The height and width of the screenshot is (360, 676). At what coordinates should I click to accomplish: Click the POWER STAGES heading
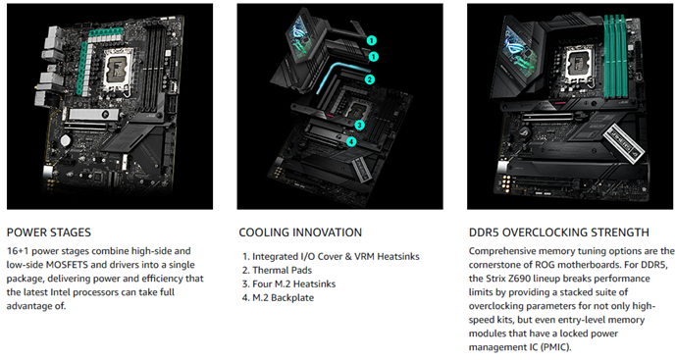(x=49, y=232)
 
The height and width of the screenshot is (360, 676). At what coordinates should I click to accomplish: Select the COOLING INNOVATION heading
(x=300, y=232)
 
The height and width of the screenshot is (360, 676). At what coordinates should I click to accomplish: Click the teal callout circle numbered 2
(x=369, y=79)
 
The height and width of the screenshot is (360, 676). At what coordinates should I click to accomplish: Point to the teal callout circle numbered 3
(x=359, y=126)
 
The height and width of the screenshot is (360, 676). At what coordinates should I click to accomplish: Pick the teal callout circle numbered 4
(x=351, y=141)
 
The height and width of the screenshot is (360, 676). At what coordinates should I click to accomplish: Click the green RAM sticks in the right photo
(x=615, y=55)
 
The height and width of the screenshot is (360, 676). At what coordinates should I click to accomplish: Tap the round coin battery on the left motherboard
(x=65, y=139)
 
